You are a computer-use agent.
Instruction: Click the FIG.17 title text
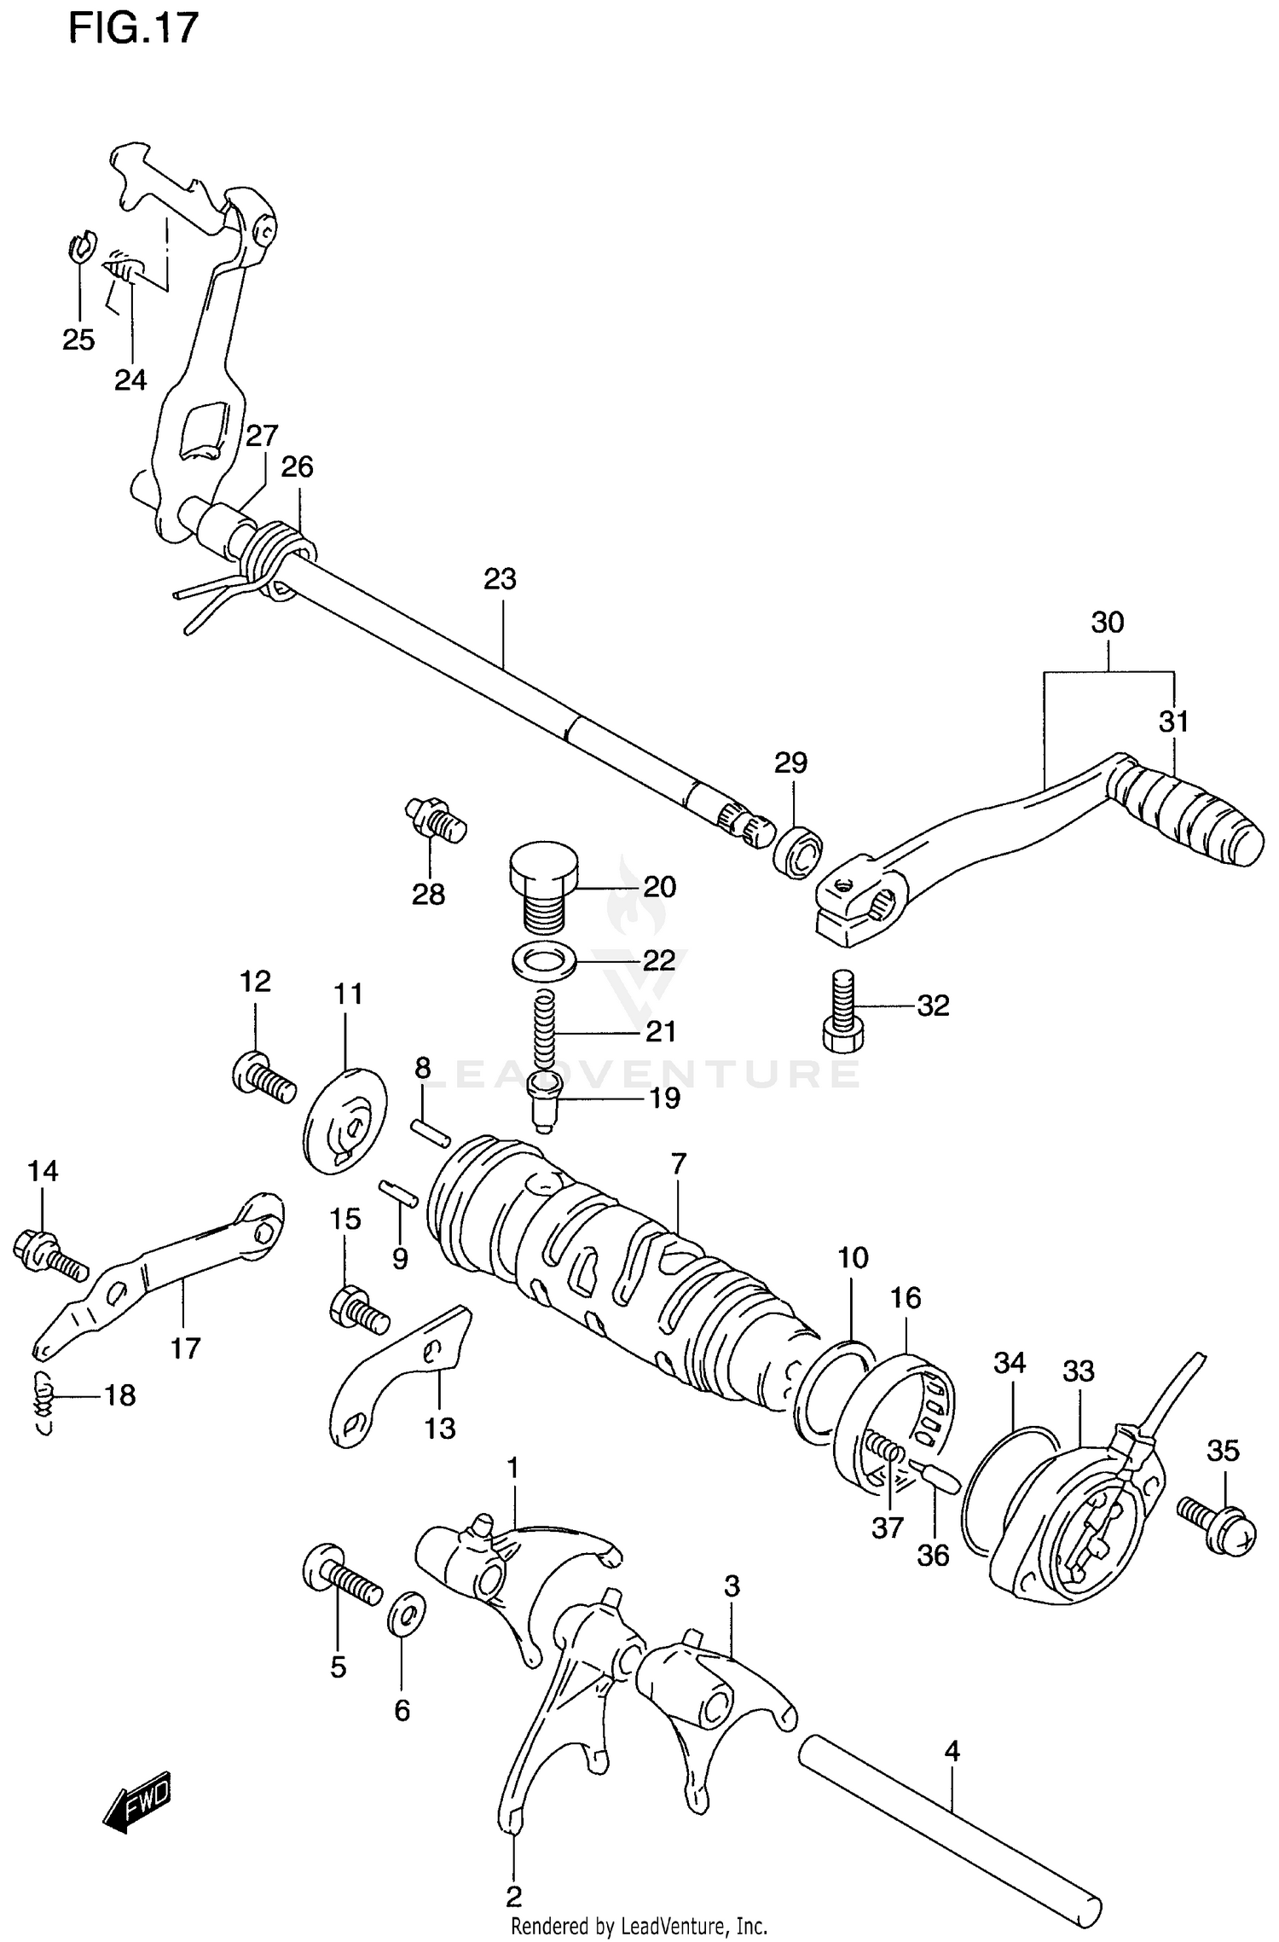133,29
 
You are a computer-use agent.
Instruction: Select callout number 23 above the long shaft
501,579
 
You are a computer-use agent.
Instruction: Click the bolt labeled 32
843,1013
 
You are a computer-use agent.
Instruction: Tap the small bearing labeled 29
798,849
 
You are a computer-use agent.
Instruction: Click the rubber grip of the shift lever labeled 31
1190,814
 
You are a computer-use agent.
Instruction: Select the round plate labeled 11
344,1121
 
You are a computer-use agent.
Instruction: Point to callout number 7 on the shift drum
678,1164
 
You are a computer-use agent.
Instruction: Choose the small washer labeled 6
408,1613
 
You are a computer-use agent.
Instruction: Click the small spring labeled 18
44,1396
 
